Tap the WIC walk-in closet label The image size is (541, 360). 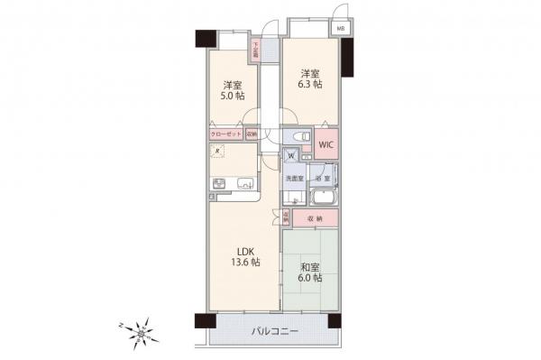click(x=325, y=144)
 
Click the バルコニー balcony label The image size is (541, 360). click(x=275, y=333)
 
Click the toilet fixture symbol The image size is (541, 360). click(x=295, y=137)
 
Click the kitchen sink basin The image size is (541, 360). click(x=244, y=186)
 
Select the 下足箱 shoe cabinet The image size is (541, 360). click(x=257, y=51)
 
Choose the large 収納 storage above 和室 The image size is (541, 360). click(x=314, y=217)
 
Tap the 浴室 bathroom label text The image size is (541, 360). click(x=323, y=179)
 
